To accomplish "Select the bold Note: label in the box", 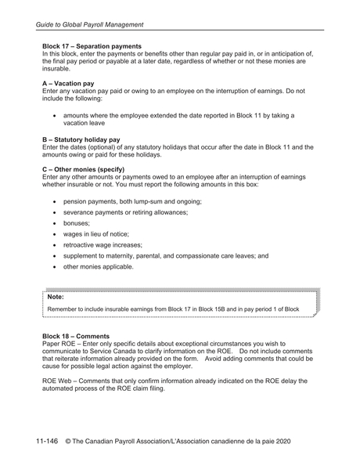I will [56, 298].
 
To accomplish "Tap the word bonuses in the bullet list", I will [77, 222].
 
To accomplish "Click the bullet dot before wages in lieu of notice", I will [54, 233].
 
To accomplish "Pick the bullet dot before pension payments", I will [54, 201].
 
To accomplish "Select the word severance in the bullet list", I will [81, 212].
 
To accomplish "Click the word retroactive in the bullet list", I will [82, 244].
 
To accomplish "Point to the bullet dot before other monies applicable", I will [54, 266].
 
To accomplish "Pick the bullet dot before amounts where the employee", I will [54, 115].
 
